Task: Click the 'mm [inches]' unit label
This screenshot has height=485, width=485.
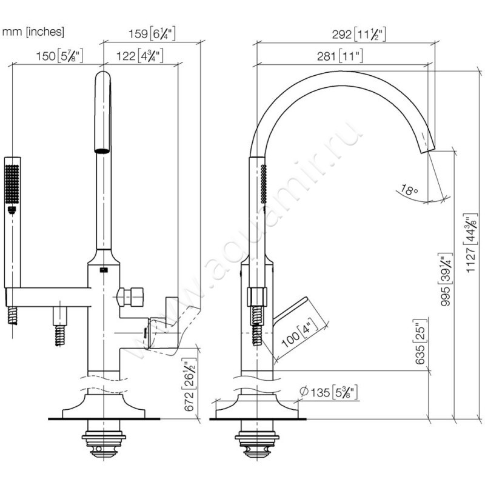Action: point(33,31)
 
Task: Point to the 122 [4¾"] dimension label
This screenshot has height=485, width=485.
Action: point(137,57)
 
